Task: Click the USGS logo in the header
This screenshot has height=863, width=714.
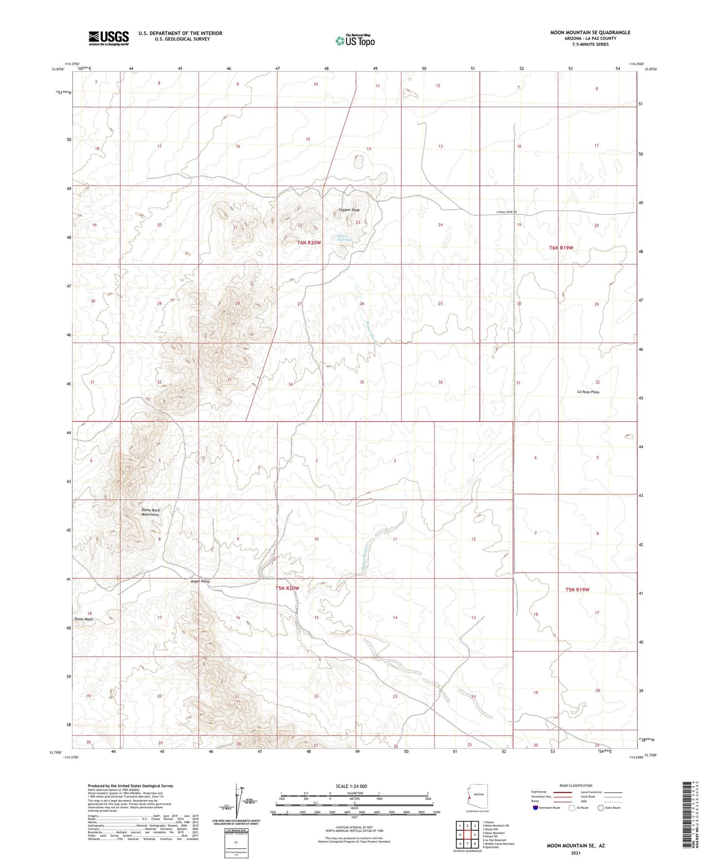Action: pyautogui.click(x=109, y=38)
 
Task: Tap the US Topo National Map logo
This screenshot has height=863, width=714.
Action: pyautogui.click(x=355, y=40)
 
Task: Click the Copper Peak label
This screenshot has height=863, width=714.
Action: pyautogui.click(x=349, y=210)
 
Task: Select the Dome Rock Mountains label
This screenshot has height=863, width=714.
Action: pyautogui.click(x=150, y=512)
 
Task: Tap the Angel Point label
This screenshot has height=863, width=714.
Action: pyautogui.click(x=200, y=581)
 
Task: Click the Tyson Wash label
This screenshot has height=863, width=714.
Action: pyautogui.click(x=83, y=619)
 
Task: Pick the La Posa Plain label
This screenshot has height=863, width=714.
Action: pyautogui.click(x=588, y=392)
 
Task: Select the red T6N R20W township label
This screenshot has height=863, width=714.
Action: pyautogui.click(x=309, y=243)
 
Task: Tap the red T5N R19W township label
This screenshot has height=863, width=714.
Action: pyautogui.click(x=577, y=589)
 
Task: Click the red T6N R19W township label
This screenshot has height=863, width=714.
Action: pyautogui.click(x=561, y=248)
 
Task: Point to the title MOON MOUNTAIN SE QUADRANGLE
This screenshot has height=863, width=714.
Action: pyautogui.click(x=590, y=32)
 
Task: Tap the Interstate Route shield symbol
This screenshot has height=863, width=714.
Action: pyautogui.click(x=535, y=808)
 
